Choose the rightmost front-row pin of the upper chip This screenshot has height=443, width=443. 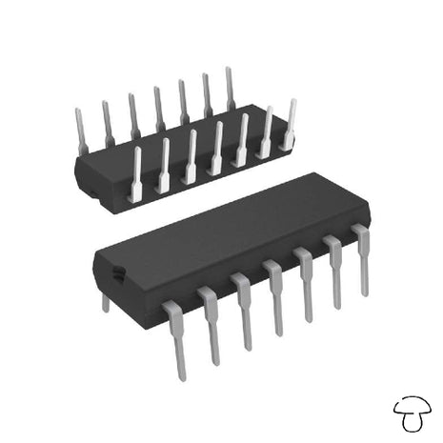[x=289, y=124]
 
